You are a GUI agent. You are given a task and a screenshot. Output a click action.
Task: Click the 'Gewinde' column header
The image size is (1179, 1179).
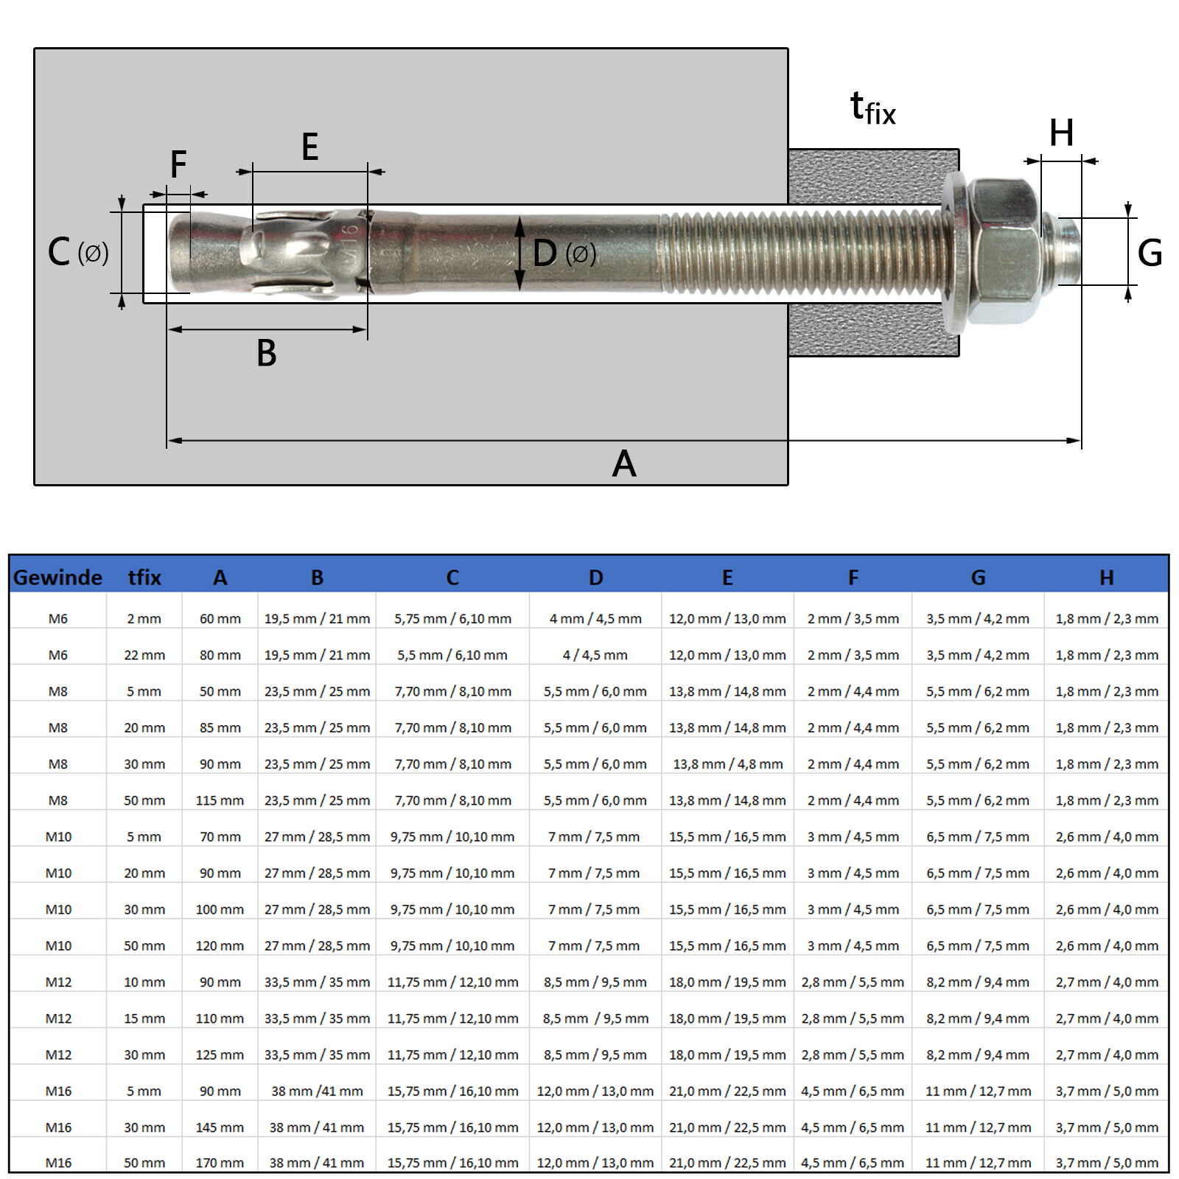pos(57,577)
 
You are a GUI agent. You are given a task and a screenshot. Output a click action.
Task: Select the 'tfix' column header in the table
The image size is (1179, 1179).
pos(144,577)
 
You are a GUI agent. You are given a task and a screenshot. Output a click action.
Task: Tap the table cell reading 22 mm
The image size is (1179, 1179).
pos(144,655)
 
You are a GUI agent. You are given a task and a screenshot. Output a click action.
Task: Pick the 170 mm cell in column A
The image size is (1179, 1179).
pos(220,1163)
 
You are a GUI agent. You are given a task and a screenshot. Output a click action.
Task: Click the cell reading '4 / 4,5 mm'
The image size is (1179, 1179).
pos(595,655)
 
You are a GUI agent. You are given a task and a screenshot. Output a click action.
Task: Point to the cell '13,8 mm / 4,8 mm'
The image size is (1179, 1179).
pos(727,764)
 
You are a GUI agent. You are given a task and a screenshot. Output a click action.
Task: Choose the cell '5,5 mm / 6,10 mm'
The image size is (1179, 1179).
pos(452,655)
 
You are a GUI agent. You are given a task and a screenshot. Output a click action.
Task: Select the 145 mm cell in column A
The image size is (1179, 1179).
pos(220,1127)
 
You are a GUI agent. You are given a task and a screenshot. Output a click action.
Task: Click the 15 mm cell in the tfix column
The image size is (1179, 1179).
pos(144,1018)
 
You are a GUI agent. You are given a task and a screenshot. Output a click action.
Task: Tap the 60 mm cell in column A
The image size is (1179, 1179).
pos(220,619)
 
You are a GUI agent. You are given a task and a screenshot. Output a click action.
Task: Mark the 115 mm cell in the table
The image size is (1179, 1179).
pos(220,800)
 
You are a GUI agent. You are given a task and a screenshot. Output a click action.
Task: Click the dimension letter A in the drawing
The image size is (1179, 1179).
pos(624,464)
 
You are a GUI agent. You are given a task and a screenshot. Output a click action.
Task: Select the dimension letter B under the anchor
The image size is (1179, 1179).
pos(266,353)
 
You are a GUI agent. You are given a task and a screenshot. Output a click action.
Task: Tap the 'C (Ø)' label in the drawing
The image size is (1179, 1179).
pos(77,253)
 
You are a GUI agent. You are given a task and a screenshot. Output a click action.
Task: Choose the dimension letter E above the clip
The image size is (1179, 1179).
pos(309,147)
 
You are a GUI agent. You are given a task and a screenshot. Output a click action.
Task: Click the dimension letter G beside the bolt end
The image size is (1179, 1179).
pos(1150,253)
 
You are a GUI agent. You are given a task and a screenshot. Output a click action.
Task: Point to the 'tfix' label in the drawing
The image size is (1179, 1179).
pos(872,109)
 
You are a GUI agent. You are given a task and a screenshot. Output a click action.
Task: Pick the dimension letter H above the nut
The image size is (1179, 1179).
pos(1061,133)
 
